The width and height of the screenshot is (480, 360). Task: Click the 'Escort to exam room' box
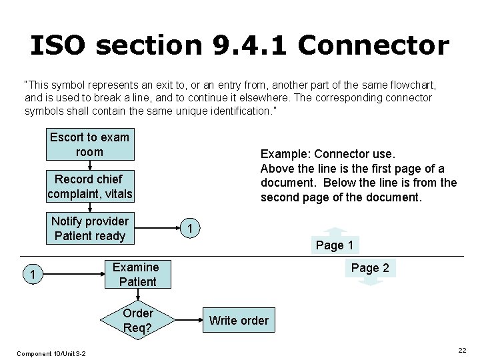(89, 145)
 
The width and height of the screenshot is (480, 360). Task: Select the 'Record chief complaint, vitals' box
(90, 187)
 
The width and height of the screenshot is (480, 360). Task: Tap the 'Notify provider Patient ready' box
(89, 229)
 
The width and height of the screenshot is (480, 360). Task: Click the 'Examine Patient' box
(135, 275)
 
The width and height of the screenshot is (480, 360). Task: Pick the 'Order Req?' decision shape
(138, 321)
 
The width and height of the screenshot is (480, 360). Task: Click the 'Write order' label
(239, 321)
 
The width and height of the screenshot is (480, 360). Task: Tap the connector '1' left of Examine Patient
(28, 274)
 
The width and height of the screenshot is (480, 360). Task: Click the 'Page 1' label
(335, 245)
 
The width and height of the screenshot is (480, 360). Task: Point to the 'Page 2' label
(370, 268)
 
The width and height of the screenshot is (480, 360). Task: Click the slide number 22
(462, 351)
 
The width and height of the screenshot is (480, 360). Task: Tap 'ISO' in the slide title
(57, 45)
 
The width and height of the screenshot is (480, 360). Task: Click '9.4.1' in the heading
(251, 45)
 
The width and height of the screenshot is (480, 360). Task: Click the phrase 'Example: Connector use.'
(327, 154)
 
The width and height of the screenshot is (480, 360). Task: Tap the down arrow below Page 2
(371, 281)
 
